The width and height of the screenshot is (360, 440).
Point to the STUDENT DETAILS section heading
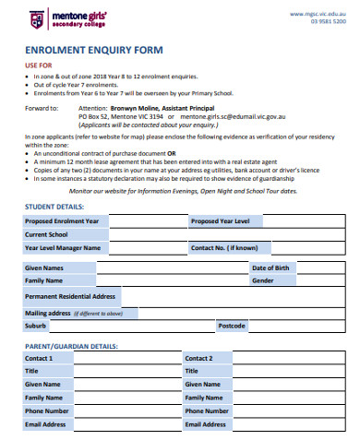[x=54, y=208]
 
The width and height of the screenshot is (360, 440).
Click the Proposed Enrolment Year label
[x=62, y=222]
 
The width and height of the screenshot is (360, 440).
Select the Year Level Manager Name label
[x=62, y=248]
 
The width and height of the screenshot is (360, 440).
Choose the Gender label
[x=262, y=280]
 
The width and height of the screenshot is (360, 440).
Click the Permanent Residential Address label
[x=70, y=296]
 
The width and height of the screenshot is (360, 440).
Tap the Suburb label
[x=37, y=326]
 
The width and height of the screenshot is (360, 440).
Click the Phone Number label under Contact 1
[x=47, y=410]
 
